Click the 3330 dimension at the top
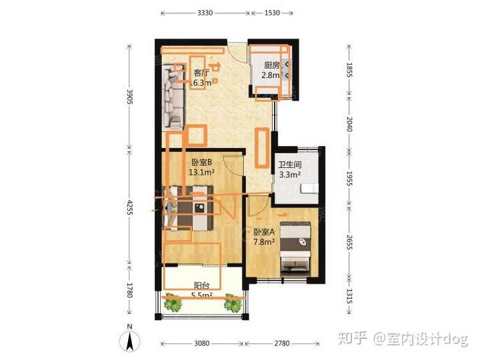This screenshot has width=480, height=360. (205, 13)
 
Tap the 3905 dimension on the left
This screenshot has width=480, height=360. (131, 99)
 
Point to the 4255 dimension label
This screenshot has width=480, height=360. (131, 209)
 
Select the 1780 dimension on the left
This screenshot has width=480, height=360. (131, 290)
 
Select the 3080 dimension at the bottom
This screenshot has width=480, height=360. (202, 343)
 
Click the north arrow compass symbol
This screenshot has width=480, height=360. (131, 341)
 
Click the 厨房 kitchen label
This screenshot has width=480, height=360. (270, 65)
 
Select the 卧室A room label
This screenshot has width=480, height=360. (265, 232)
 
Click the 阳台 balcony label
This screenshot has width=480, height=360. (202, 285)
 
